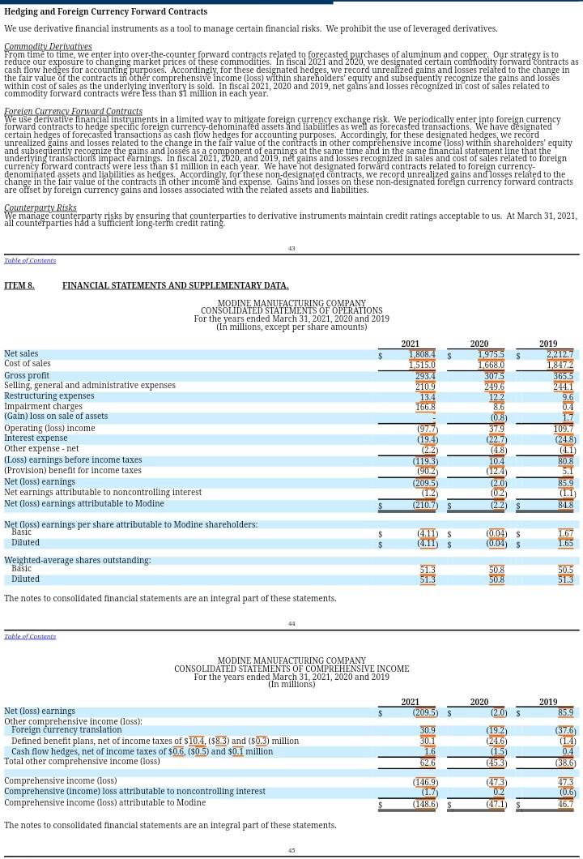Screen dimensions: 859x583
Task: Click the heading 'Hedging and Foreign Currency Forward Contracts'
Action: click(105, 12)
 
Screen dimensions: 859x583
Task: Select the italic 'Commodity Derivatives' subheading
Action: click(48, 47)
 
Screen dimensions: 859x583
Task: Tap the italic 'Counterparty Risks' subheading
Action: click(40, 208)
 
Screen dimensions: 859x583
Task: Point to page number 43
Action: click(291, 249)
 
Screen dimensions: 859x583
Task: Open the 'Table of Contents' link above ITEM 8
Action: click(30, 261)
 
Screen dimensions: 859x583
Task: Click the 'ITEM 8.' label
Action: click(19, 286)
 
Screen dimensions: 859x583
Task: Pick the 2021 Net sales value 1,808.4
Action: click(422, 355)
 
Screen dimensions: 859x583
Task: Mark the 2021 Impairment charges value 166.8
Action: click(425, 408)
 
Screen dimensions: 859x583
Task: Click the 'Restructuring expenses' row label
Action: click(49, 396)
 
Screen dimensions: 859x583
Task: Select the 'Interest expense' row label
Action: click(36, 438)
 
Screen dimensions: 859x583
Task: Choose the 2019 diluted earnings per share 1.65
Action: click(565, 544)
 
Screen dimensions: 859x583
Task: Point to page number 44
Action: click(291, 624)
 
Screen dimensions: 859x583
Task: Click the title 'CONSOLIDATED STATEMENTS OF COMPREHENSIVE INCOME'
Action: click(291, 669)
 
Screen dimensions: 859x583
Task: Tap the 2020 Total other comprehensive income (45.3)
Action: click(496, 763)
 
